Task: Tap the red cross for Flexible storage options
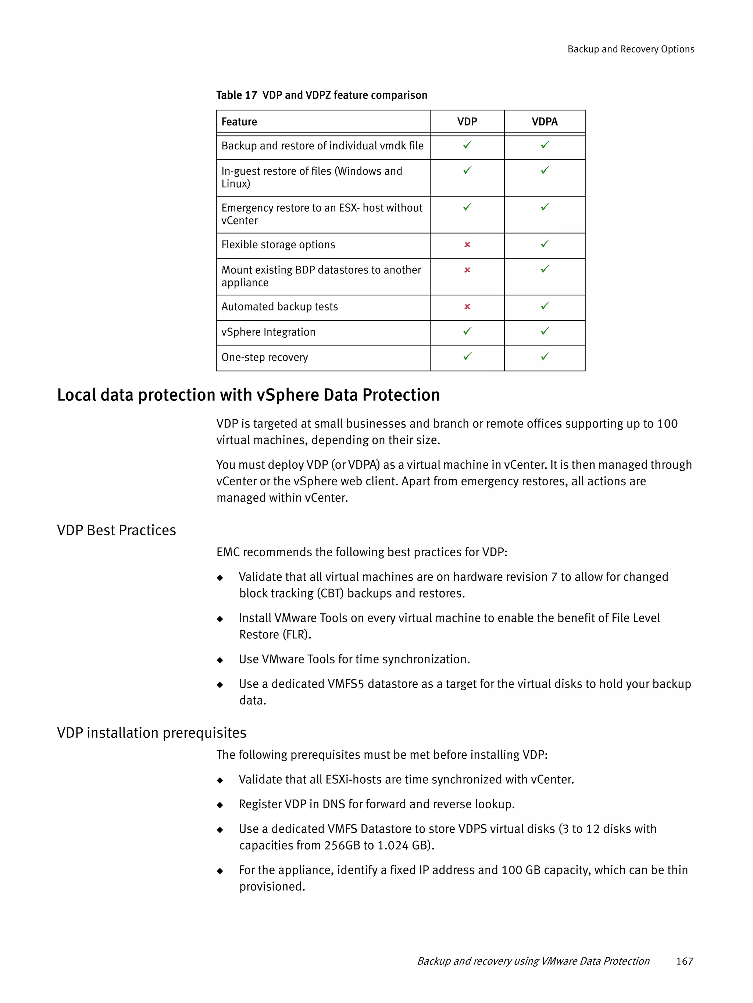[467, 245]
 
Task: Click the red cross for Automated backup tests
[467, 307]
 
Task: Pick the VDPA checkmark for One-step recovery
[545, 357]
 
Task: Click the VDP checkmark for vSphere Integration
[467, 331]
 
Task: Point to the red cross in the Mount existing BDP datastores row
[467, 270]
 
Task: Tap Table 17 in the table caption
[236, 95]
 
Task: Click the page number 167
[684, 961]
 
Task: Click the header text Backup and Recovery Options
[630, 49]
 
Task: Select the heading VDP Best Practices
[117, 530]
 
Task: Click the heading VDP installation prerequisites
[151, 733]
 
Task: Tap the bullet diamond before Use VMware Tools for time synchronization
[220, 660]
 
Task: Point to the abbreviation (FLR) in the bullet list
[297, 634]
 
